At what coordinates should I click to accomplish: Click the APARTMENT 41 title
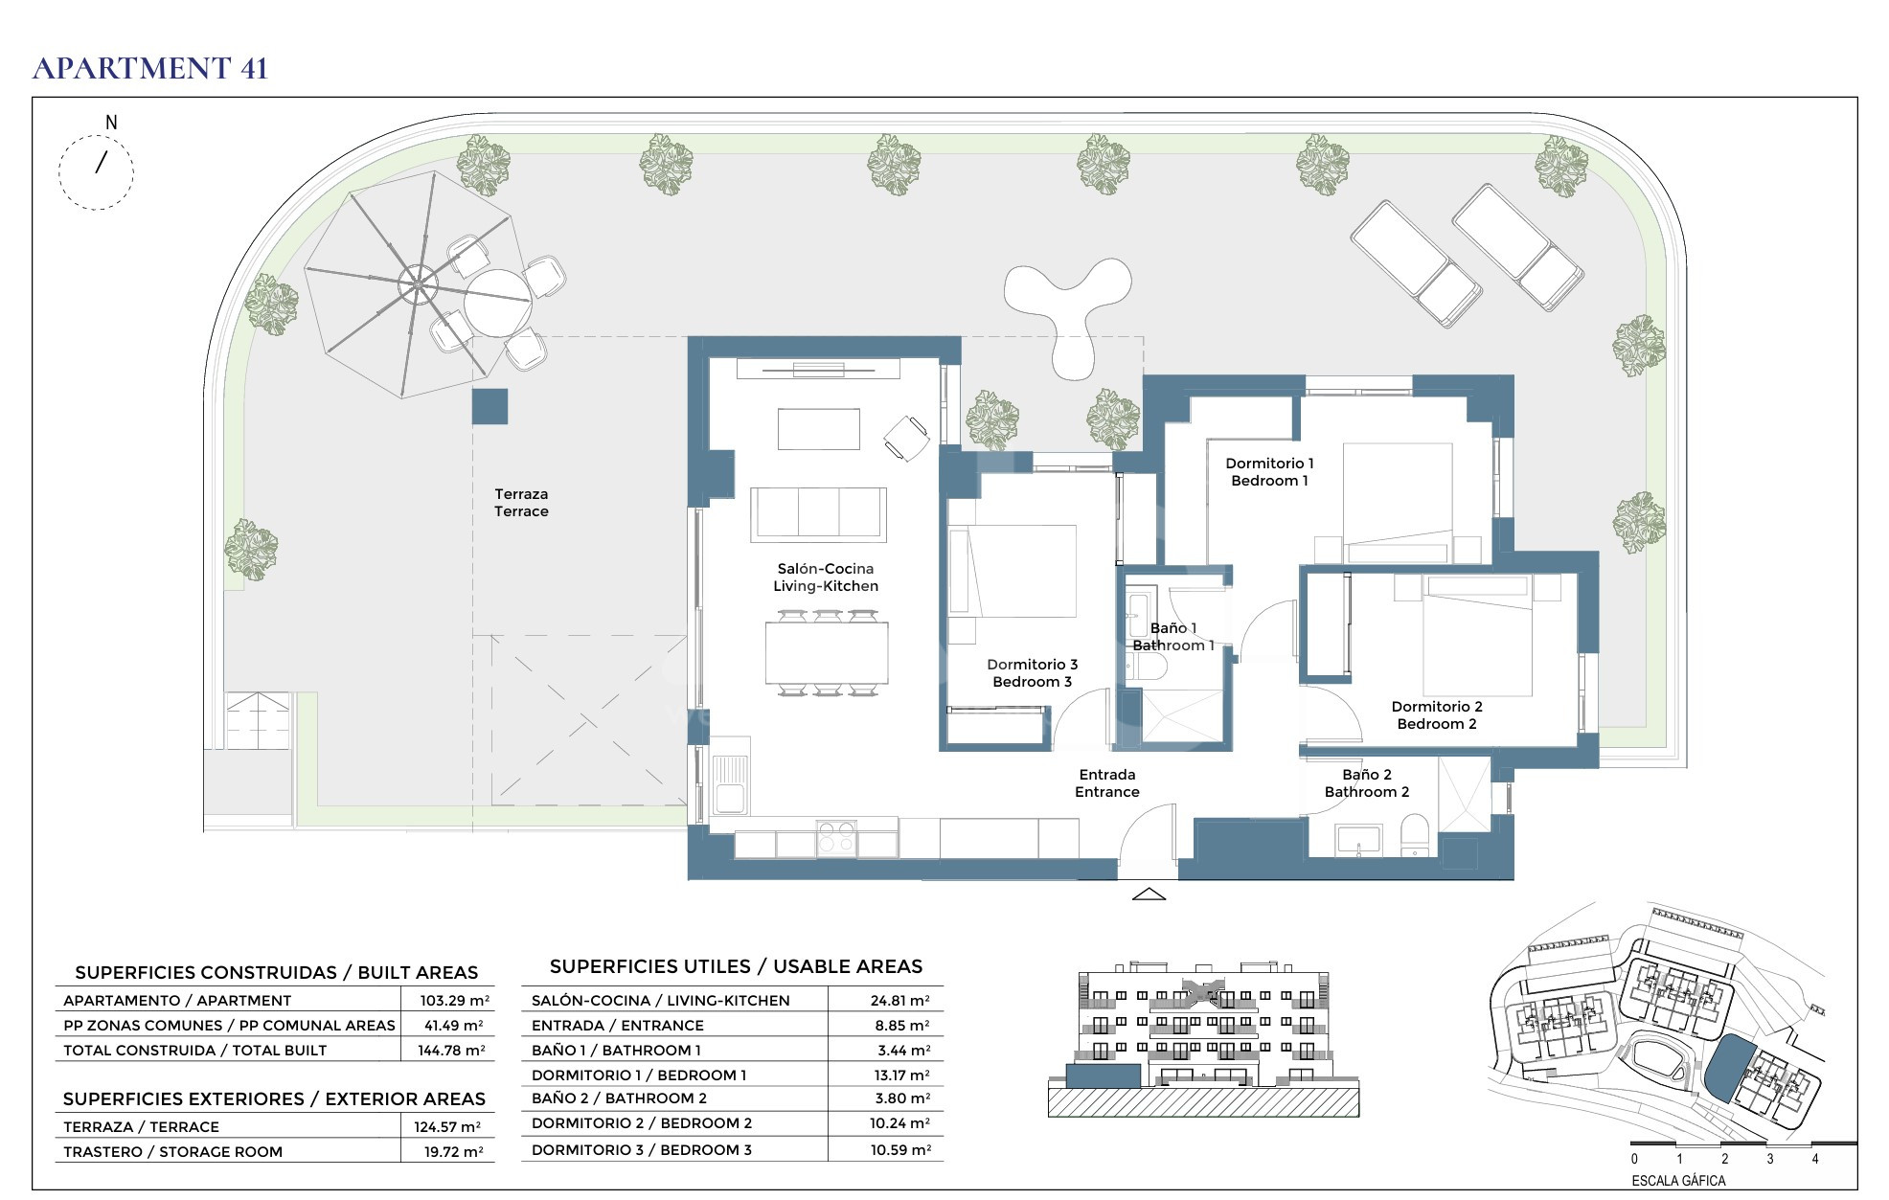pos(150,68)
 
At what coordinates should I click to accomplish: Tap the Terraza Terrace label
pos(521,503)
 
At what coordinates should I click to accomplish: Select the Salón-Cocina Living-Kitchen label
pos(826,577)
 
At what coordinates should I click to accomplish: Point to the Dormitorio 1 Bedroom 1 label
pos(1269,472)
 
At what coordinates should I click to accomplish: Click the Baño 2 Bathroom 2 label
pos(1367,783)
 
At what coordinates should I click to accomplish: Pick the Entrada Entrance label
pos(1107,783)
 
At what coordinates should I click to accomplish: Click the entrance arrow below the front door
pos(1149,894)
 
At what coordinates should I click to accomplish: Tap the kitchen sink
pos(730,784)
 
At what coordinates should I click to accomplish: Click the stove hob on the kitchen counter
pos(836,837)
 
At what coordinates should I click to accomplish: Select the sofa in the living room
pos(818,514)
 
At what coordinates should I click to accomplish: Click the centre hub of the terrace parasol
pos(418,283)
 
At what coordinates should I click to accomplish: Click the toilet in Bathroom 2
pos(1415,836)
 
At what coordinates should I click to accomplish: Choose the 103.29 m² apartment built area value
pos(455,1000)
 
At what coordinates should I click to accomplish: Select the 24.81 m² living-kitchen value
pos(900,1001)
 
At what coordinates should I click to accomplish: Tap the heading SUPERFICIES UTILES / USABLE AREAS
pos(737,966)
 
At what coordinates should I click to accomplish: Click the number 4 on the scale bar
pos(1815,1159)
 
